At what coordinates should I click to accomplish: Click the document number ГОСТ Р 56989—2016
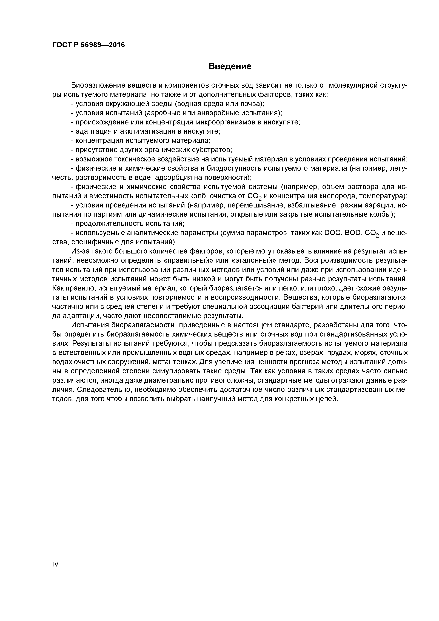tap(89, 45)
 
